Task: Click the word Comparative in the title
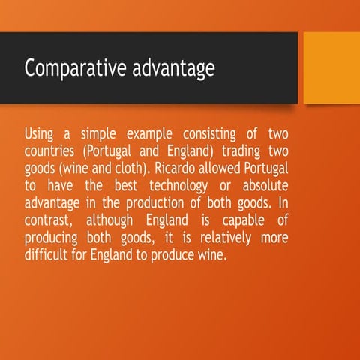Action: click(x=65, y=68)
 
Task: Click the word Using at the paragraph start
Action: click(x=39, y=134)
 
